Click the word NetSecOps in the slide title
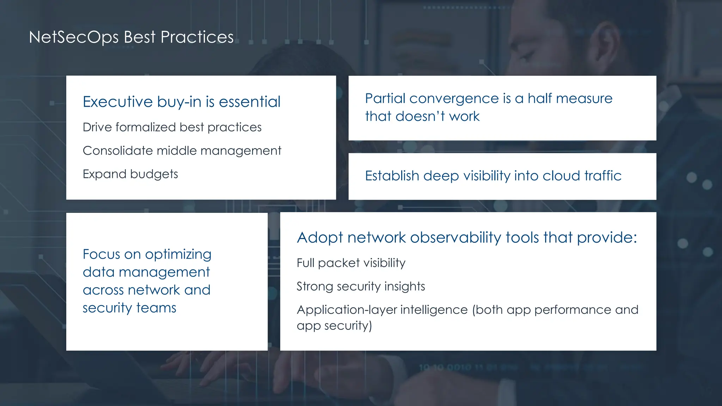point(73,37)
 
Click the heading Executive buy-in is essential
point(181,102)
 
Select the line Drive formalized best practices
point(172,127)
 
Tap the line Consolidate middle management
point(182,151)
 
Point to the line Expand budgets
point(130,174)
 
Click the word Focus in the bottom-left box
point(101,254)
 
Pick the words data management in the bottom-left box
point(146,272)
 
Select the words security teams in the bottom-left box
point(129,308)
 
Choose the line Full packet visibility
point(351,263)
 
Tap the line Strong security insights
point(360,287)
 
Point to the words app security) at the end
point(334,326)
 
